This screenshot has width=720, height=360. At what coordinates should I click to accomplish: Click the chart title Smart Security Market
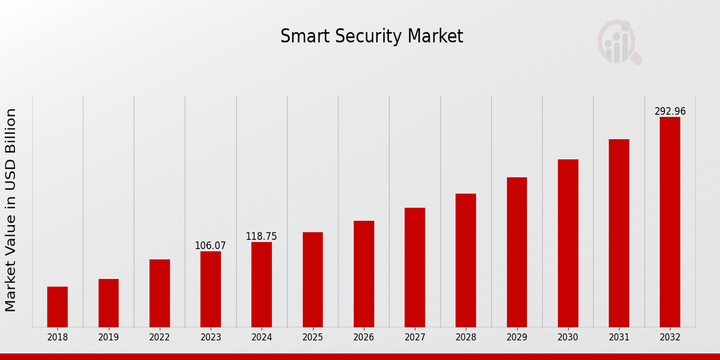pyautogui.click(x=371, y=37)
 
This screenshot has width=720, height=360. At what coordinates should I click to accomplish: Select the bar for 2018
pyautogui.click(x=58, y=307)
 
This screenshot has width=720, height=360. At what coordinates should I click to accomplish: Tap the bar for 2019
pyautogui.click(x=109, y=303)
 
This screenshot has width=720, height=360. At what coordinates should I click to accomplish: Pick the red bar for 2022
pyautogui.click(x=160, y=293)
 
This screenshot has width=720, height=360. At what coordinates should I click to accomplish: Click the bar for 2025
pyautogui.click(x=313, y=280)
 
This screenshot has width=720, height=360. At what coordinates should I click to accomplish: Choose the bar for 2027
pyautogui.click(x=415, y=267)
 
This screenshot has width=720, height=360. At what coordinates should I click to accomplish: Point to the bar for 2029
pyautogui.click(x=517, y=252)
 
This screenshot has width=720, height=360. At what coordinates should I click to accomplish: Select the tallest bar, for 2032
pyautogui.click(x=670, y=222)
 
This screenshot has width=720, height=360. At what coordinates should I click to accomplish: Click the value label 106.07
pyautogui.click(x=210, y=246)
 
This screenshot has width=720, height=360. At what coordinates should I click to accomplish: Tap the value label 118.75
pyautogui.click(x=262, y=236)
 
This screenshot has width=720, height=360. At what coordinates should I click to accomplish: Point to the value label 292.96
pyautogui.click(x=670, y=112)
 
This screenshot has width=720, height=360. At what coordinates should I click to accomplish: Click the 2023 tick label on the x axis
pyautogui.click(x=211, y=338)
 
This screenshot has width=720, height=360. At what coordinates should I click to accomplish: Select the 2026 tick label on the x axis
pyautogui.click(x=364, y=338)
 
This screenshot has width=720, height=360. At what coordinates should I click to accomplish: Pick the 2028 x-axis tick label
pyautogui.click(x=466, y=338)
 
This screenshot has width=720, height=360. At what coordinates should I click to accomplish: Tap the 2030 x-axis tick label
pyautogui.click(x=568, y=338)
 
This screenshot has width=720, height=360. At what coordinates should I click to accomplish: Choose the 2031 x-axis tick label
pyautogui.click(x=619, y=338)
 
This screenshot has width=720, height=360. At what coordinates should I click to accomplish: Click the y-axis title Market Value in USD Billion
pyautogui.click(x=11, y=210)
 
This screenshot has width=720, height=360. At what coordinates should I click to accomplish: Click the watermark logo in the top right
pyautogui.click(x=619, y=42)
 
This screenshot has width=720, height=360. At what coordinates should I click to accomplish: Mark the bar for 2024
pyautogui.click(x=262, y=284)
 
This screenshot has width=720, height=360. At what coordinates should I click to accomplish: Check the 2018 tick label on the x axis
pyautogui.click(x=58, y=338)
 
